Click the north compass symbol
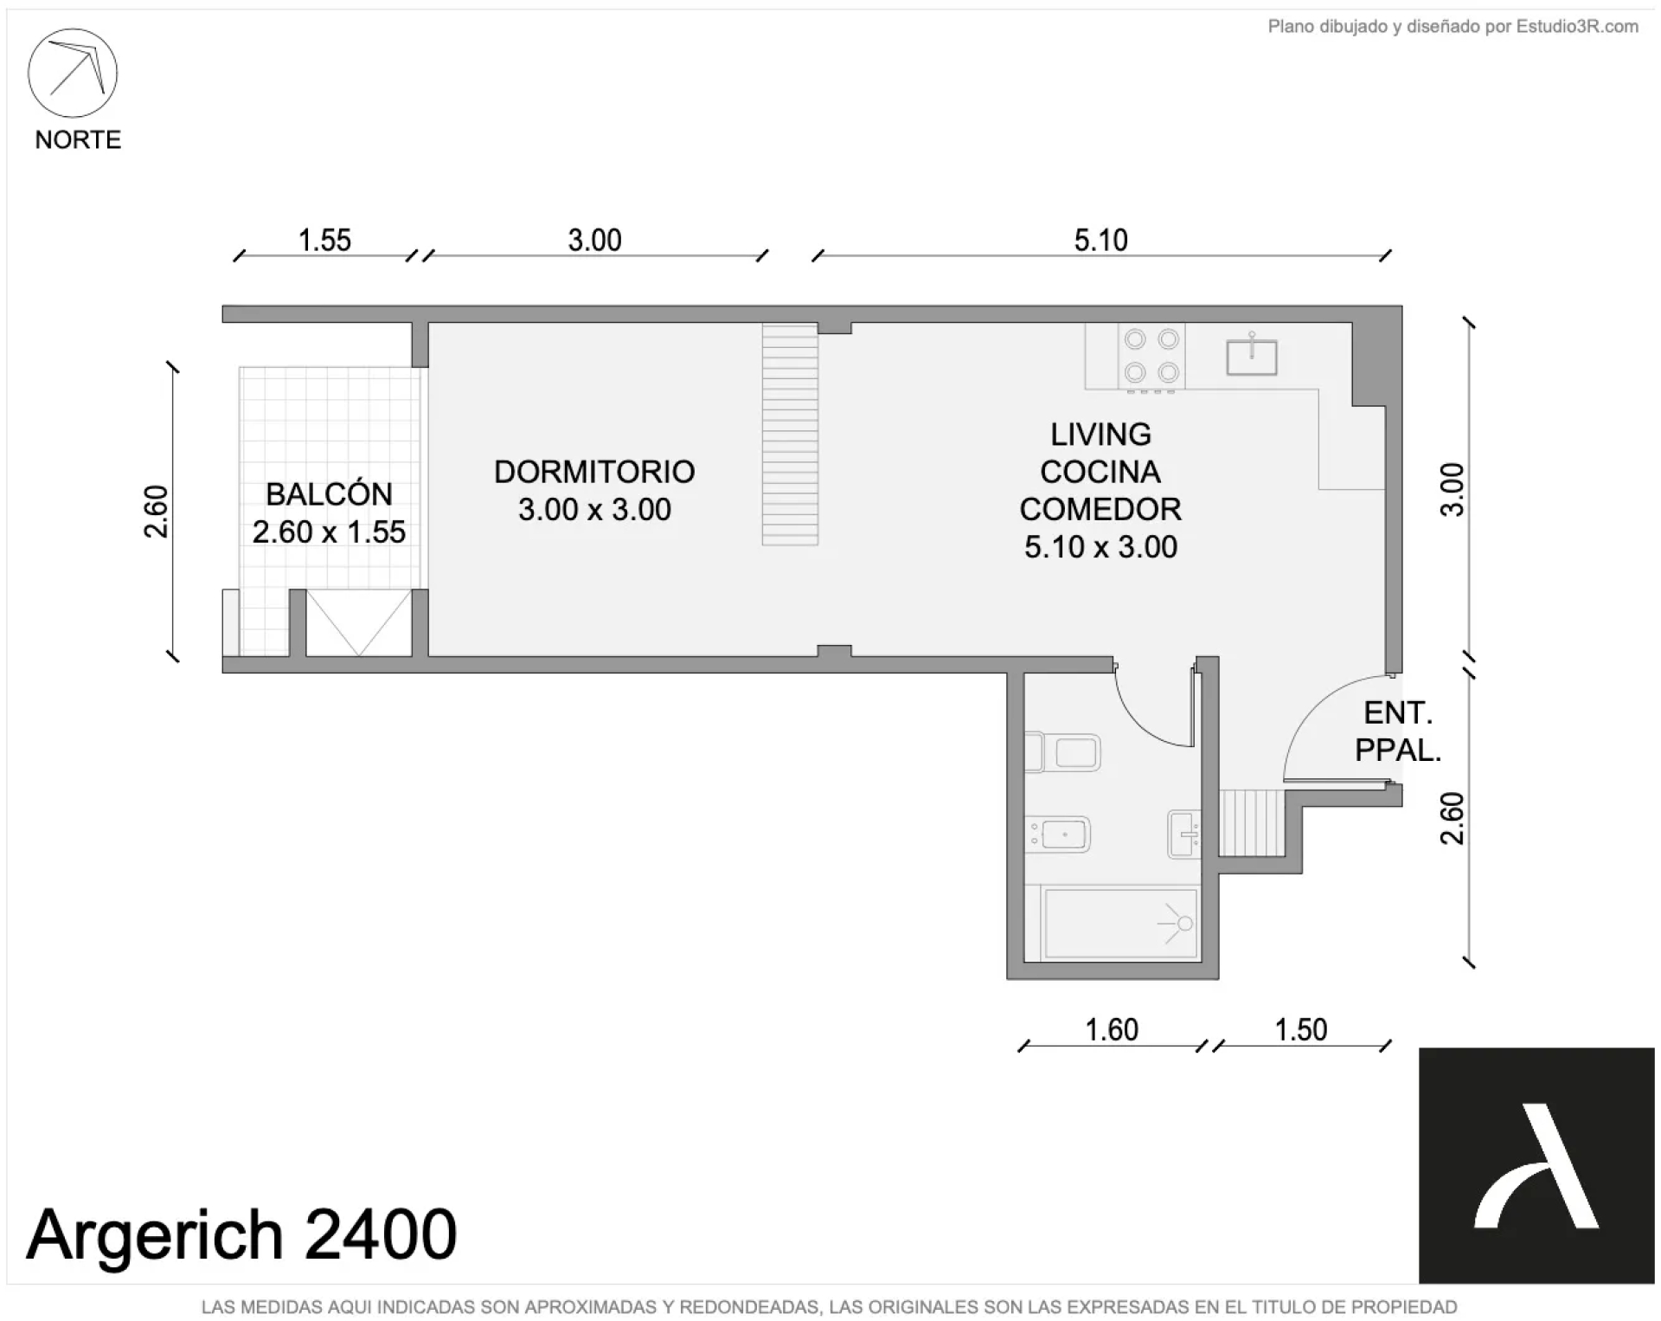(x=73, y=73)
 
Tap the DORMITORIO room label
(x=594, y=472)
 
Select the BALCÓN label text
(x=329, y=494)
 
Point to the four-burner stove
(x=1151, y=356)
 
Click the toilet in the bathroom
(x=1062, y=752)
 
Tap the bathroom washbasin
(x=1183, y=834)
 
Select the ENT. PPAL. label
(x=1398, y=731)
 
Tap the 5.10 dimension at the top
(x=1100, y=240)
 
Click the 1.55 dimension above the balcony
(x=324, y=240)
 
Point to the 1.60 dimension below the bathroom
(x=1112, y=1029)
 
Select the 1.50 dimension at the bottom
(x=1301, y=1029)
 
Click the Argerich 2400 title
(x=241, y=1234)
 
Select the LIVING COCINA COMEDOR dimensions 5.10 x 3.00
(x=1100, y=547)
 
